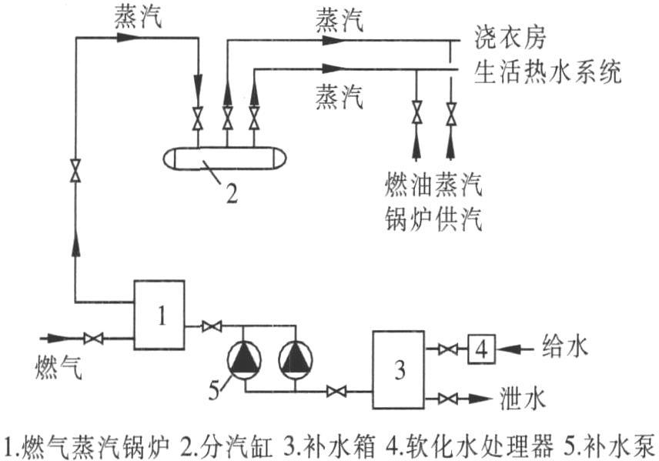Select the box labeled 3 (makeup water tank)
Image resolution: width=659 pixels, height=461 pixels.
pyautogui.click(x=399, y=369)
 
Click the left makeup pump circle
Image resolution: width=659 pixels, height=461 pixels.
pyautogui.click(x=245, y=359)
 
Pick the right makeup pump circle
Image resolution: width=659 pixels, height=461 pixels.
pyautogui.click(x=296, y=359)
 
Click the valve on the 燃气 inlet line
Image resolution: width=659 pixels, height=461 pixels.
pyautogui.click(x=94, y=338)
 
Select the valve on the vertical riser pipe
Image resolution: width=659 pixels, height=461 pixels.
pyautogui.click(x=75, y=170)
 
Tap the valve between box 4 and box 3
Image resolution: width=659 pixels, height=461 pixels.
pyautogui.click(x=444, y=350)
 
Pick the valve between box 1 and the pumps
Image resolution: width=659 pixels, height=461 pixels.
pyautogui.click(x=208, y=326)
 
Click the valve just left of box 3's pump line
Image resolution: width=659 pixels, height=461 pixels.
pyautogui.click(x=336, y=392)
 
